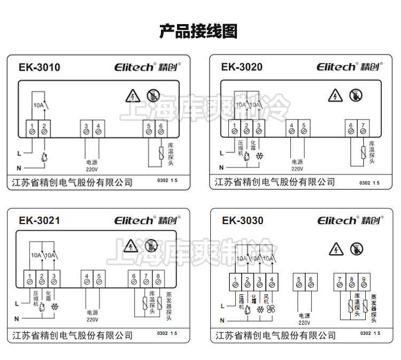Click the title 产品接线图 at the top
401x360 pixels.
pos(198,32)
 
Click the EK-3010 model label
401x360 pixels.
pos(39,67)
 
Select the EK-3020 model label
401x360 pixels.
pos(242,67)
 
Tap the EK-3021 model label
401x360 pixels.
pos(39,220)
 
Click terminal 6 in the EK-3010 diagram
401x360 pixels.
pos(161,129)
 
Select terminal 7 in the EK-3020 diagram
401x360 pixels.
pos(364,128)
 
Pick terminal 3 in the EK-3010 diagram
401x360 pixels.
pos(86,129)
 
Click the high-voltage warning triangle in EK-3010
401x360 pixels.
pos(132,96)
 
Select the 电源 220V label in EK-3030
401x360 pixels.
pos(304,319)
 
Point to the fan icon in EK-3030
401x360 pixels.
pos(271,309)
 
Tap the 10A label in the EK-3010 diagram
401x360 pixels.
pos(38,105)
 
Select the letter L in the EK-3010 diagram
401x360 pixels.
pos(19,154)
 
